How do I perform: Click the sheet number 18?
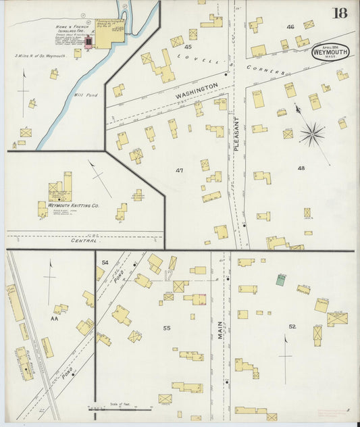(x=340, y=13)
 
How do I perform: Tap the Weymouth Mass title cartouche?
(x=330, y=52)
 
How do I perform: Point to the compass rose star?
(x=312, y=134)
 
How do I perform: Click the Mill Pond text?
(x=86, y=95)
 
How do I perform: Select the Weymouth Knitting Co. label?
(x=74, y=205)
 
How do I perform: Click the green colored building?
(x=280, y=278)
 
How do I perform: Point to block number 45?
(x=188, y=47)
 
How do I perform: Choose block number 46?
(x=290, y=27)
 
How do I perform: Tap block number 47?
(x=179, y=170)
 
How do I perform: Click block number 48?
(x=301, y=167)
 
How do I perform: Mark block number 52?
(x=292, y=326)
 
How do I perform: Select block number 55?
(x=165, y=328)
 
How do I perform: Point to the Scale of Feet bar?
(x=120, y=409)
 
